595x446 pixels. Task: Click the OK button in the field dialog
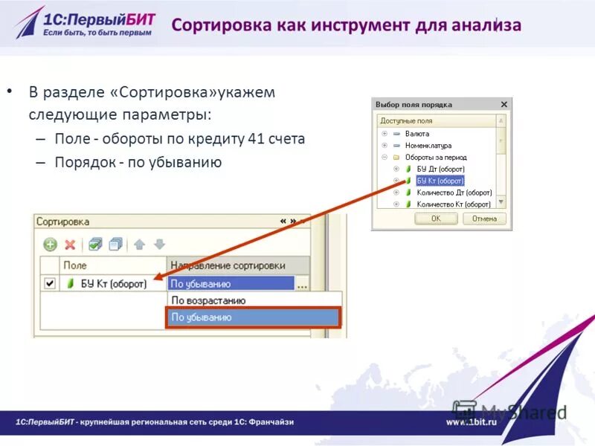435,219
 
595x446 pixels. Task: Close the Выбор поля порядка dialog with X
504,105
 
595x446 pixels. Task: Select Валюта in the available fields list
417,134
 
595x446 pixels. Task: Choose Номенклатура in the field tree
428,146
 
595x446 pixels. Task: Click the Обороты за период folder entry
436,158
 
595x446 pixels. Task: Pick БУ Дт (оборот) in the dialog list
440,169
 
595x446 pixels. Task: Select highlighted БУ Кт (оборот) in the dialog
440,181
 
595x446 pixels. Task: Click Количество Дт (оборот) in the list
454,193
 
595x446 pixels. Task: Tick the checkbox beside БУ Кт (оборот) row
50,283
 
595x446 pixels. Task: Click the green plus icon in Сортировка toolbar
50,244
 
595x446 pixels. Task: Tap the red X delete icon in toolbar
70,244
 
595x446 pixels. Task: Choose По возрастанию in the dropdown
208,300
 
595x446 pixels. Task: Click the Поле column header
74,265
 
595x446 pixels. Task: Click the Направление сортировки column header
228,265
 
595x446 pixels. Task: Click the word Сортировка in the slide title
222,25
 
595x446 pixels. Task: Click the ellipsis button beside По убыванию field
301,284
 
